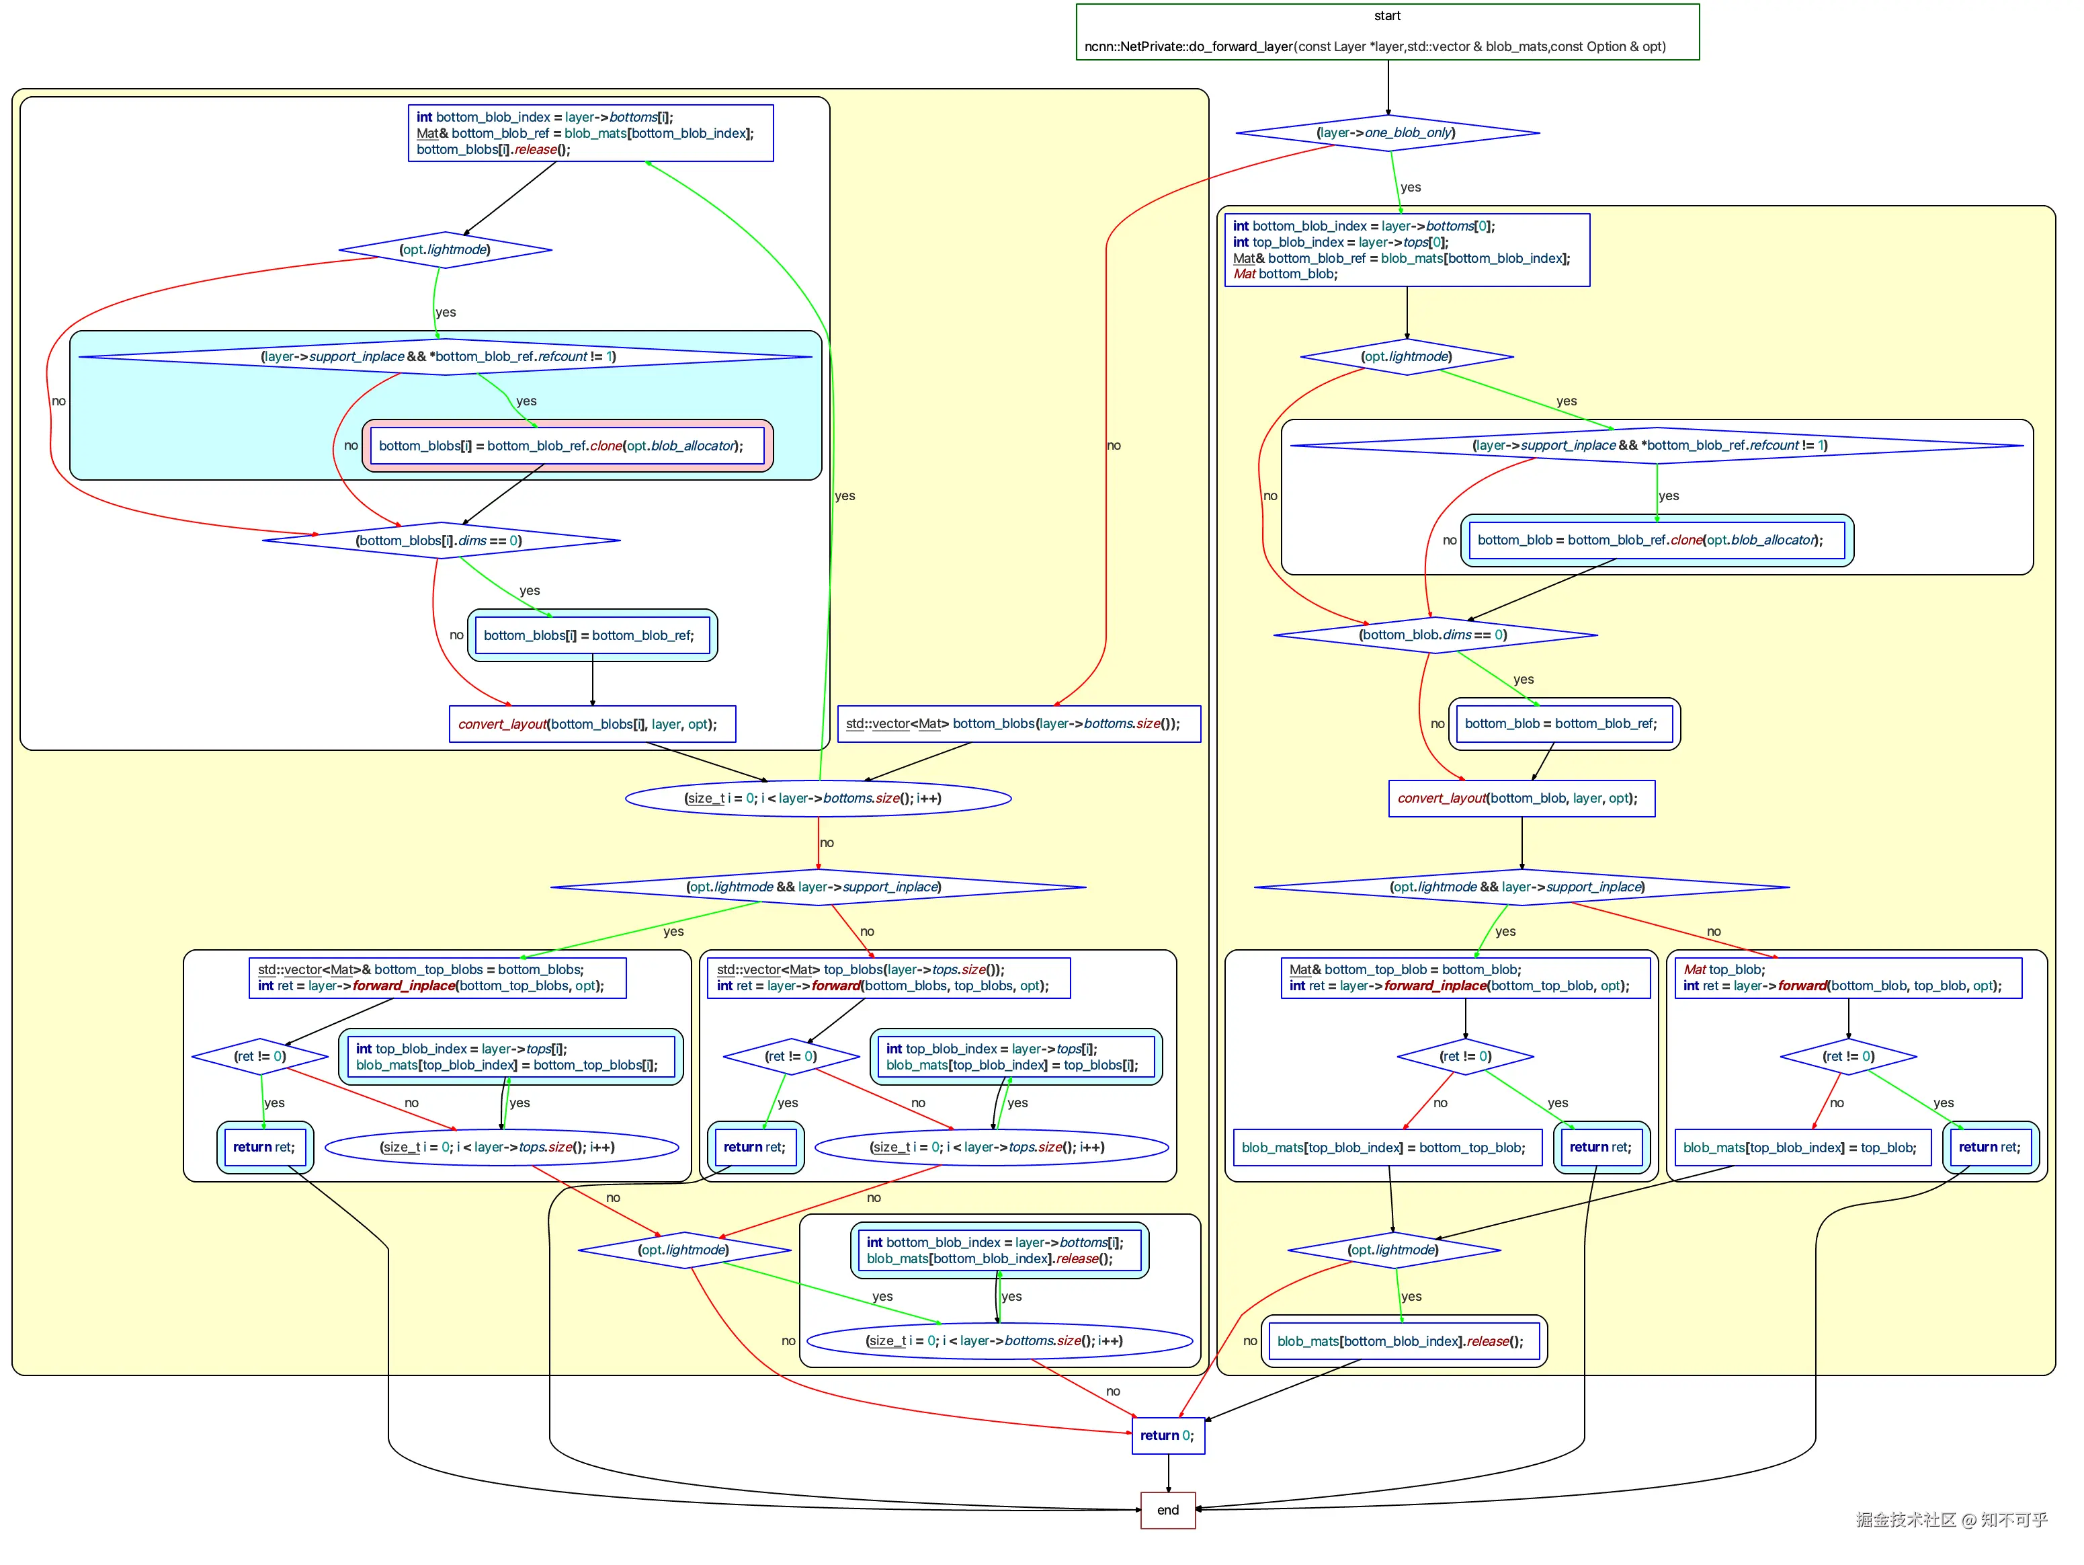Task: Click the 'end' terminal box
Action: [x=1167, y=1509]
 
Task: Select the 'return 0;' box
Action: [x=1167, y=1435]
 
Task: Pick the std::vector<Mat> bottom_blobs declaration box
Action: [x=1018, y=723]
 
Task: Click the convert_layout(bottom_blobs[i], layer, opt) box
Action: [x=591, y=723]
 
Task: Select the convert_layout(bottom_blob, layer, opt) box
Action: [x=1521, y=798]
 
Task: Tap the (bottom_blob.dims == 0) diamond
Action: [x=1434, y=635]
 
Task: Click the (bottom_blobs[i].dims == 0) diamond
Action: [x=440, y=540]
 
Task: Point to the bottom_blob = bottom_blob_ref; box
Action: [x=1563, y=723]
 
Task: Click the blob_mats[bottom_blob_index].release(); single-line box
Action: [x=1403, y=1340]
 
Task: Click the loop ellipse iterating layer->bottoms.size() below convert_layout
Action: [x=818, y=798]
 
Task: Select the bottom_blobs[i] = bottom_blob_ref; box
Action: [x=591, y=635]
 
